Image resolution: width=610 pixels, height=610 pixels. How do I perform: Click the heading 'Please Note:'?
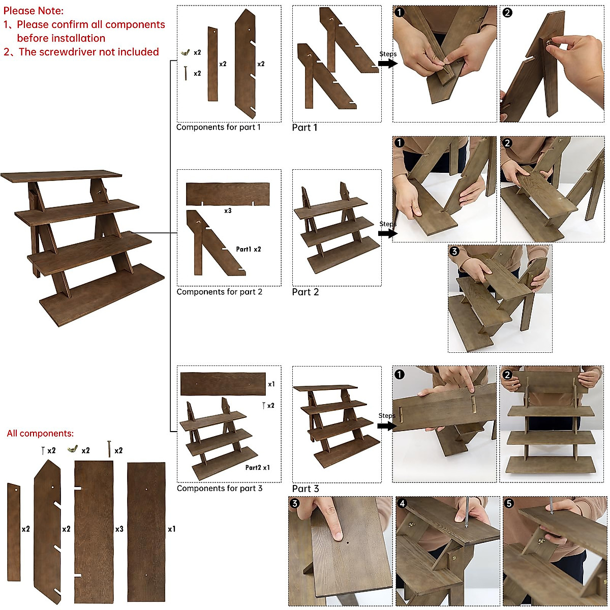tap(34, 11)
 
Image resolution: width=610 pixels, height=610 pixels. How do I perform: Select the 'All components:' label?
tap(40, 434)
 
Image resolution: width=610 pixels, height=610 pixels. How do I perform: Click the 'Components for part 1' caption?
tap(219, 127)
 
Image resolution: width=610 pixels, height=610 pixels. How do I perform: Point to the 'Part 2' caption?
tap(305, 292)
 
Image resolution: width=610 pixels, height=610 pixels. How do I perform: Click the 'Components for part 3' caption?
tap(220, 489)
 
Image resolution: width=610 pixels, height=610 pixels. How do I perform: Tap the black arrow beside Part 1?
tap(387, 64)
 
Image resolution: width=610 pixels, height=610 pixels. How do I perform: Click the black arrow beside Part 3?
tap(387, 425)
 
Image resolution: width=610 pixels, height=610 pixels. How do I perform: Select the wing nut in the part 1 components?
tap(186, 52)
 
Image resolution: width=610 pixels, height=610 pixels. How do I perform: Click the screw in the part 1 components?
tap(186, 73)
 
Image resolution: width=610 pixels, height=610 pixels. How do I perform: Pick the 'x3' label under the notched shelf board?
tap(228, 210)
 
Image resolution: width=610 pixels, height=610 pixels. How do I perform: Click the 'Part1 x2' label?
tap(249, 249)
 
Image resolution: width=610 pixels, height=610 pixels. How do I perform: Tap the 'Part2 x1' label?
tap(258, 468)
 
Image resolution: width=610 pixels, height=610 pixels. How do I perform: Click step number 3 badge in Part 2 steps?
tap(454, 251)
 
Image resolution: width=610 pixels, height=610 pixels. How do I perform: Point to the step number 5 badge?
tap(509, 503)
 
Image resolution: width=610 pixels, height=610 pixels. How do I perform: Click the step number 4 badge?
tap(402, 503)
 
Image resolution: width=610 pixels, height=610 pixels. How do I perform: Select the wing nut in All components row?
tap(72, 449)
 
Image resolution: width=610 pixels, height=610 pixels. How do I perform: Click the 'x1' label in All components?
tap(172, 529)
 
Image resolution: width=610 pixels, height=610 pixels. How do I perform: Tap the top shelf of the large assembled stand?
tap(61, 176)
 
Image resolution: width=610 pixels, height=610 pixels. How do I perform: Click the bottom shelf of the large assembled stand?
tap(102, 295)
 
